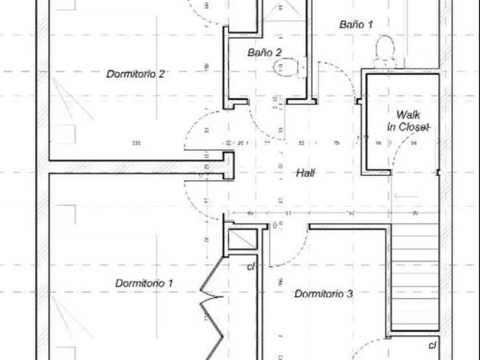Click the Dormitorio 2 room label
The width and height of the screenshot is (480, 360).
[135, 74]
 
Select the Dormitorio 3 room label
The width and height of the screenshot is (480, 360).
[323, 294]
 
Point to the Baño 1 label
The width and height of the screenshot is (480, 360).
[356, 25]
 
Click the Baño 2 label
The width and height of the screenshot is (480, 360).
[265, 53]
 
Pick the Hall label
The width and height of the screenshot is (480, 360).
[306, 173]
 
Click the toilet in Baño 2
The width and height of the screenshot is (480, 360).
[286, 67]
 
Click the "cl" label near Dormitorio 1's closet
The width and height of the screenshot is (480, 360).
[250, 266]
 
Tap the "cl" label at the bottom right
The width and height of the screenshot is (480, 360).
[433, 345]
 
